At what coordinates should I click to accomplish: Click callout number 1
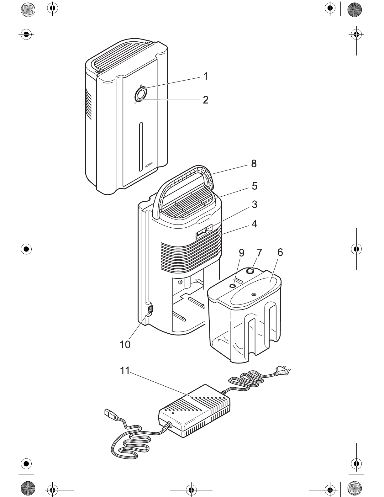pyautogui.click(x=205, y=76)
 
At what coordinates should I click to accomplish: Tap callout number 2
pyautogui.click(x=205, y=100)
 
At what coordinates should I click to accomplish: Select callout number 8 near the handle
pyautogui.click(x=254, y=163)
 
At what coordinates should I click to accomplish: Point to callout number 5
pyautogui.click(x=255, y=186)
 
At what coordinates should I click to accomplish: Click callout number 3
pyautogui.click(x=255, y=204)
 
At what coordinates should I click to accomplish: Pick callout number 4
pyautogui.click(x=255, y=224)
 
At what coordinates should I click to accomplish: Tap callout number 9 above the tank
pyautogui.click(x=241, y=253)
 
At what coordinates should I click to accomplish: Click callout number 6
pyautogui.click(x=280, y=253)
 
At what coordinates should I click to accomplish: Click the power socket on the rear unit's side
pyautogui.click(x=150, y=310)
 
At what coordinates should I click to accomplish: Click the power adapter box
pyautogui.click(x=194, y=411)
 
